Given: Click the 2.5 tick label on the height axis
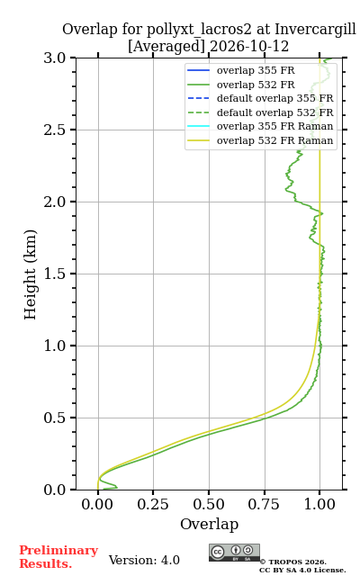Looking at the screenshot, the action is point(54,130).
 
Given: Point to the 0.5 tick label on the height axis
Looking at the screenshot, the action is point(54,418).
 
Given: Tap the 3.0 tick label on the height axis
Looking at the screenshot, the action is point(54,58).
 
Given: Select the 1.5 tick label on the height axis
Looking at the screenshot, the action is point(54,274).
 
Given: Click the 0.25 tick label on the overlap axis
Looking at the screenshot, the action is point(153,504).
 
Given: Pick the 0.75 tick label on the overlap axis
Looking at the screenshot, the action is point(264,504).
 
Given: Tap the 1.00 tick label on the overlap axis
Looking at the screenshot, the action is point(319,504).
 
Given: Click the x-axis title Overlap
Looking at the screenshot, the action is point(209,524).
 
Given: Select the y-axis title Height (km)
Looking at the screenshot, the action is point(31,274).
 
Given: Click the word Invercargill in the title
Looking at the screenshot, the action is point(315,30).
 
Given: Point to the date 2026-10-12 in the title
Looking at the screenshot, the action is point(249,46).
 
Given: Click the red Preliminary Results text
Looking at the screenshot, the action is point(58,557).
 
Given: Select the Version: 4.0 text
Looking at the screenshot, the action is point(144,560).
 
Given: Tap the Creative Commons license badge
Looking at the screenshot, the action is point(234,553).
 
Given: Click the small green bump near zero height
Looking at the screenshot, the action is point(109,485).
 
